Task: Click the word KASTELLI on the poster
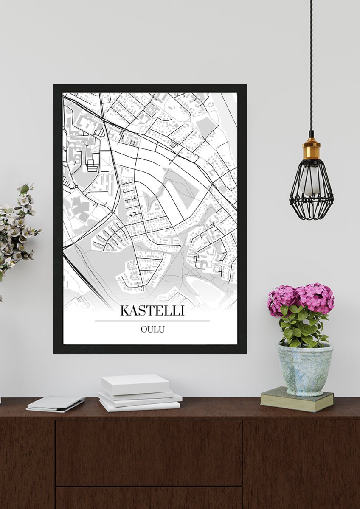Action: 152,310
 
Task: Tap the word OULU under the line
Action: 152,329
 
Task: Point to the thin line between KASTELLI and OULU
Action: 152,321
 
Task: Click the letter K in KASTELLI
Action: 124,310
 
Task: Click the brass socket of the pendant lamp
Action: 311,150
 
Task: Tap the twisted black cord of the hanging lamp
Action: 311,64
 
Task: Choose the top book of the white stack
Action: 135,383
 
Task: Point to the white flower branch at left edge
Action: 17,229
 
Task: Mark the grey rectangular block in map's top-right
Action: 205,126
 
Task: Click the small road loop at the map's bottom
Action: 142,289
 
